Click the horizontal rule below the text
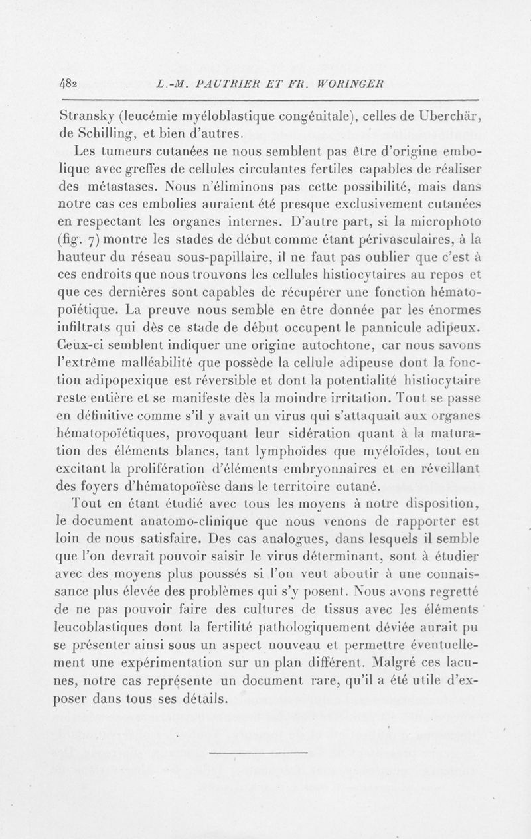click(258, 752)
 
